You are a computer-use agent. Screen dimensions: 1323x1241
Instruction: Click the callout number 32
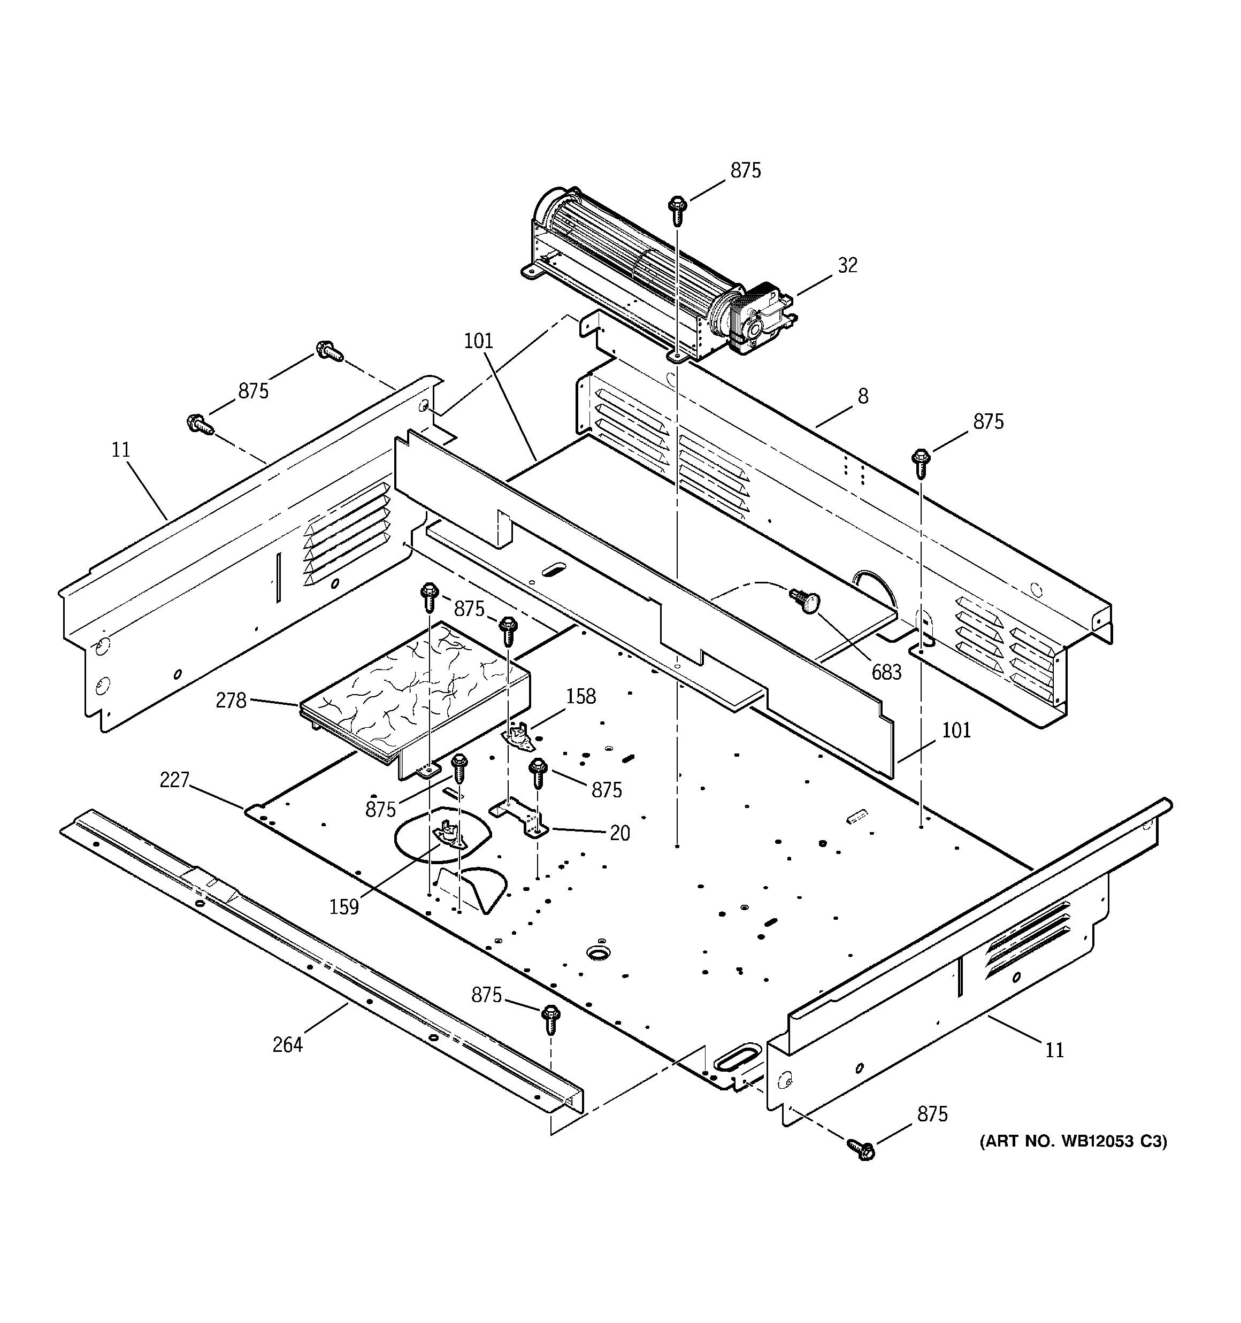pyautogui.click(x=847, y=266)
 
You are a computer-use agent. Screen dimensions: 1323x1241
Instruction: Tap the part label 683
pyautogui.click(x=886, y=672)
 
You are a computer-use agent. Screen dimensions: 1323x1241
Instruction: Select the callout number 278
pyautogui.click(x=231, y=700)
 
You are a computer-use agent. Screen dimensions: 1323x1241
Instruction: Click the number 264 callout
pyautogui.click(x=288, y=1045)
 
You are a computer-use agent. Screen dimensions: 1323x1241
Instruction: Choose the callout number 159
pyautogui.click(x=343, y=906)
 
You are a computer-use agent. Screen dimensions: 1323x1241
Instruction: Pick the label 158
pyautogui.click(x=580, y=696)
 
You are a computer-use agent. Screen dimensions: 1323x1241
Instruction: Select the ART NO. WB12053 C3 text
pyautogui.click(x=1073, y=1141)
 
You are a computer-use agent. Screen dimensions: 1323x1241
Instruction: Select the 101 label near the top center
pyautogui.click(x=478, y=341)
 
